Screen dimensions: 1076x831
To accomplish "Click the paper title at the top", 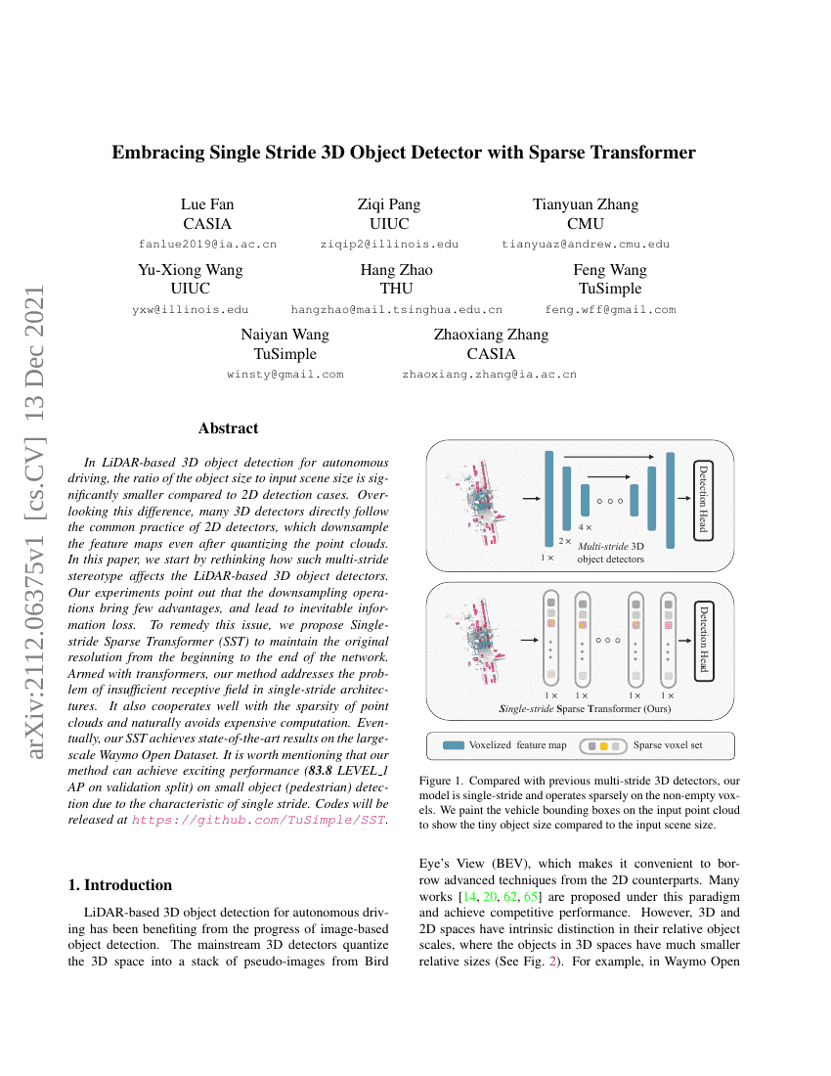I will [x=404, y=153].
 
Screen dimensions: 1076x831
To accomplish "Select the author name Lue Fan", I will [x=207, y=204].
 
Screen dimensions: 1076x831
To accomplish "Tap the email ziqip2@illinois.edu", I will [x=389, y=244].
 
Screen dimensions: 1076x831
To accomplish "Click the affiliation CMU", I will [x=585, y=223].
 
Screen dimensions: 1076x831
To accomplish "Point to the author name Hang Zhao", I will [x=396, y=270].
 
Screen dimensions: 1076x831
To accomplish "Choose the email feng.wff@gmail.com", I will [x=610, y=309].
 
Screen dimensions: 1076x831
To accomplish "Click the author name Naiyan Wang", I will [x=284, y=335].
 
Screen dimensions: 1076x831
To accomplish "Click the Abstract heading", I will [x=228, y=428].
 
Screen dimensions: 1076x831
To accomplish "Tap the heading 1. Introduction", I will [x=120, y=885].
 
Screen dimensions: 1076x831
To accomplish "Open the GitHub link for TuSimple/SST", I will [x=258, y=820].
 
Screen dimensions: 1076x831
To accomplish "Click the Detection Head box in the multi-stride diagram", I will [x=703, y=500].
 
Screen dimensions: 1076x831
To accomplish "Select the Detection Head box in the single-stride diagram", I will [x=703, y=640].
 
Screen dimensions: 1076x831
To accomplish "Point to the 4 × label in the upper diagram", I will [x=585, y=526].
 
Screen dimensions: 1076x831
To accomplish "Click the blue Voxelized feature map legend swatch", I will [x=453, y=745].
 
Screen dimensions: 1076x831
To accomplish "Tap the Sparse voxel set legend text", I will [x=667, y=745].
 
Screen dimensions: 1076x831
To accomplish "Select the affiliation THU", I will [x=396, y=289].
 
